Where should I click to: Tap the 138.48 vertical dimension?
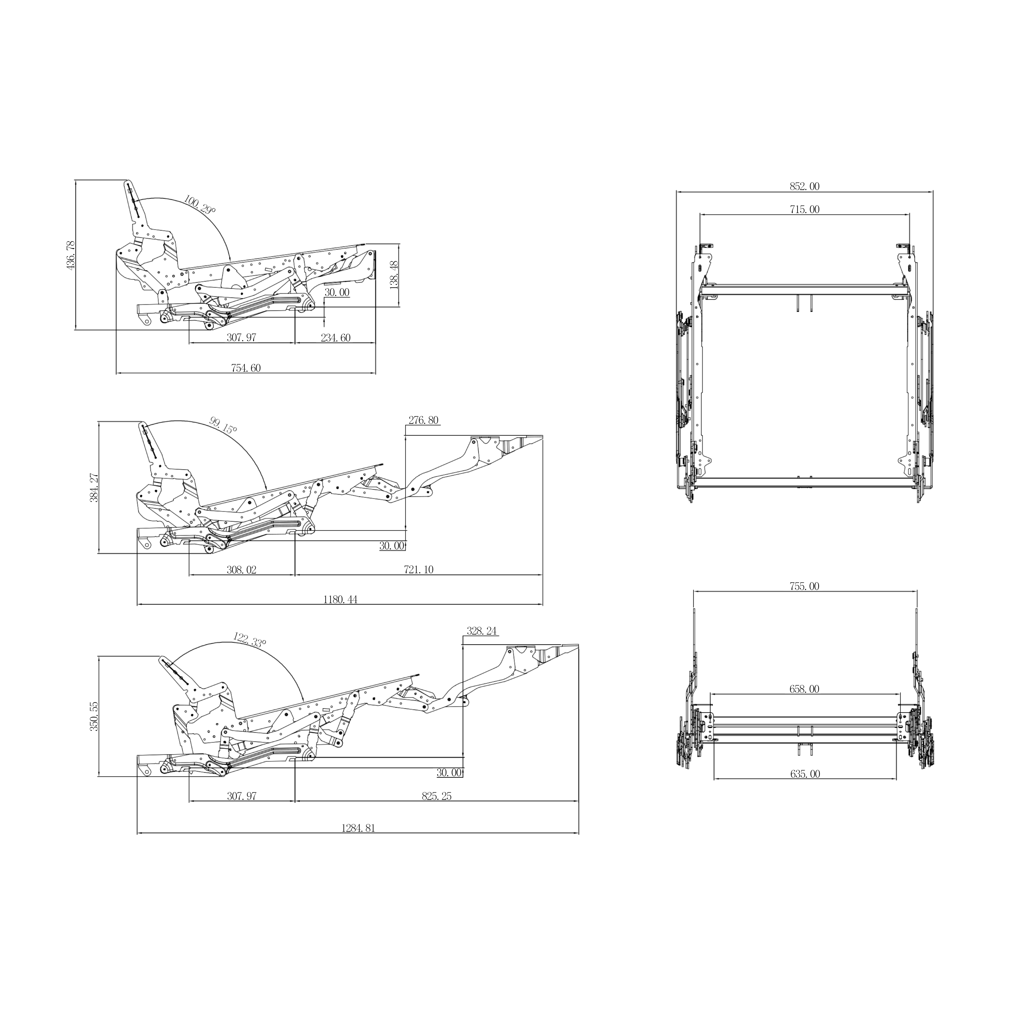pyautogui.click(x=394, y=275)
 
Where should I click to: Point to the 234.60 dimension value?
pyautogui.click(x=336, y=338)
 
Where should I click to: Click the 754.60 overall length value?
pyautogui.click(x=246, y=368)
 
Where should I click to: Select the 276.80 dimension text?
pyautogui.click(x=424, y=420)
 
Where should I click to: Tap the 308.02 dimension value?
pyautogui.click(x=242, y=570)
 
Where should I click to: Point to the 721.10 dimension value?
pyautogui.click(x=419, y=570)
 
